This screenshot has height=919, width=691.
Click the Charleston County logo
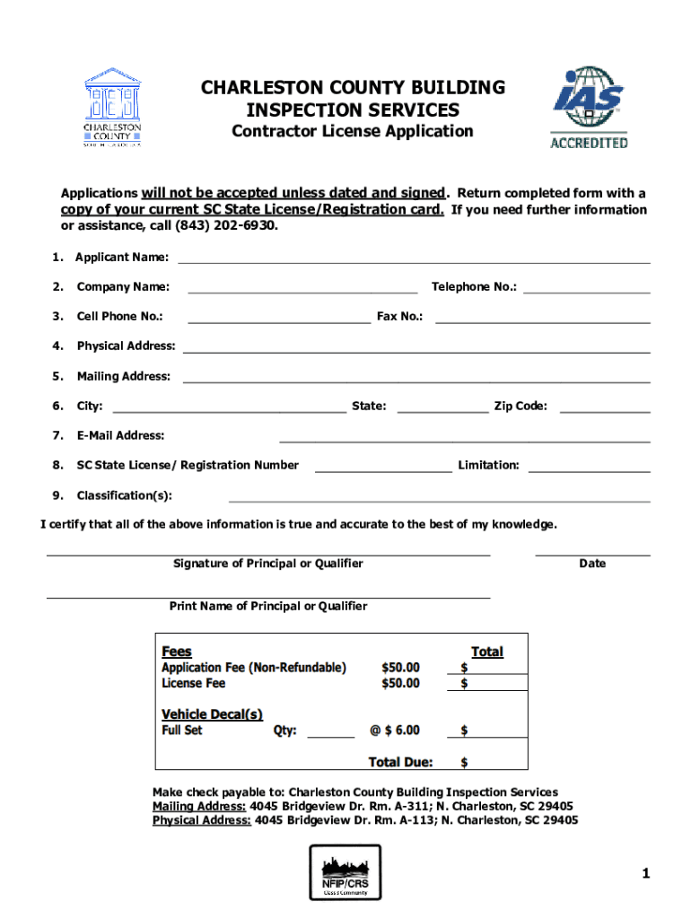[112, 107]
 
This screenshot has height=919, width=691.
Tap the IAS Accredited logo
[589, 106]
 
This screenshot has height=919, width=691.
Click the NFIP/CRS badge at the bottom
[345, 872]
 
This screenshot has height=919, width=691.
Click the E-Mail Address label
[120, 435]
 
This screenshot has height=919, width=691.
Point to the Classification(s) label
[124, 495]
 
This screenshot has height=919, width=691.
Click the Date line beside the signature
[592, 554]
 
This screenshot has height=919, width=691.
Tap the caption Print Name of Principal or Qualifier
[268, 607]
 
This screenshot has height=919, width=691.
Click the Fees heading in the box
[176, 652]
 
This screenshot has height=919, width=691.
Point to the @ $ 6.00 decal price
[394, 731]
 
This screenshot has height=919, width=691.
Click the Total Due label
[400, 762]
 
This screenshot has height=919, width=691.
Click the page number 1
[645, 874]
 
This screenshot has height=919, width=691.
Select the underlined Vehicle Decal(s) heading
[212, 714]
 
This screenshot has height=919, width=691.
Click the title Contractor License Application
[353, 132]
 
